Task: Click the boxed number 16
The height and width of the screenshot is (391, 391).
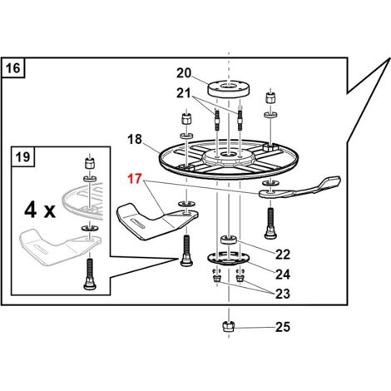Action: [x=12, y=68]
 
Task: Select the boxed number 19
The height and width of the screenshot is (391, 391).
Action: [x=22, y=157]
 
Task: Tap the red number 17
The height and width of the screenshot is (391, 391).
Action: [x=135, y=179]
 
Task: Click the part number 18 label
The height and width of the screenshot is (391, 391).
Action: [x=135, y=139]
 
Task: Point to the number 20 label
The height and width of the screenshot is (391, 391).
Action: [x=184, y=73]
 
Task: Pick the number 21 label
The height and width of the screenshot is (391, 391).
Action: [x=184, y=93]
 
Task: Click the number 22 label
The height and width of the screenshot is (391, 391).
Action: [x=283, y=255]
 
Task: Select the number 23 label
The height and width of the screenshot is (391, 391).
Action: [x=283, y=294]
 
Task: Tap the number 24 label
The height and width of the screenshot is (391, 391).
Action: [x=283, y=275]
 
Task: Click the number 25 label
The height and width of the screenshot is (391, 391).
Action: [x=283, y=327]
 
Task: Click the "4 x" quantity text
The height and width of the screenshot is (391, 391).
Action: [x=40, y=210]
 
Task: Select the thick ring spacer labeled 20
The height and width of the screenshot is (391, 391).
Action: [x=229, y=89]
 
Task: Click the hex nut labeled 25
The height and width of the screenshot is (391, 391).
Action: [x=229, y=326]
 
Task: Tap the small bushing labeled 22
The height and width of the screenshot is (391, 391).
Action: [x=229, y=240]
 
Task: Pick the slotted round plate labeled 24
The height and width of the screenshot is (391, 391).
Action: [x=229, y=258]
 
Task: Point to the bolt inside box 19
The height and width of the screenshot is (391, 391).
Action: [x=90, y=274]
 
